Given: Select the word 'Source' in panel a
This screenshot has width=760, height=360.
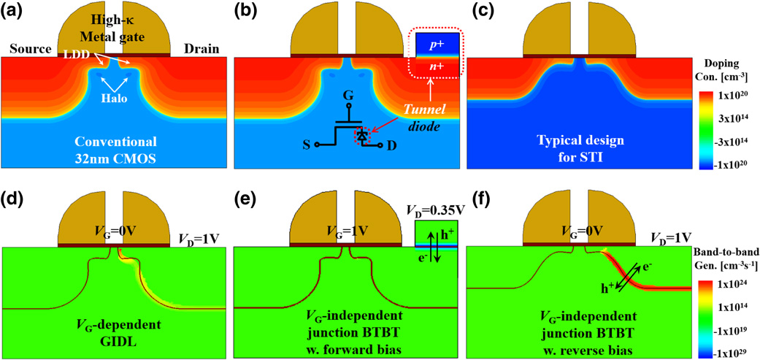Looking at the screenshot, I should [28, 50].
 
